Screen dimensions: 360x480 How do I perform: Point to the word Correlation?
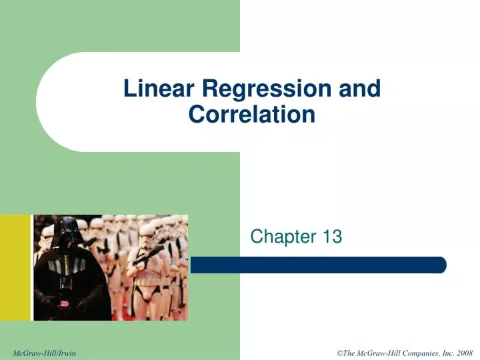251,115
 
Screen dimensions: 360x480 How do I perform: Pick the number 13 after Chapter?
332,236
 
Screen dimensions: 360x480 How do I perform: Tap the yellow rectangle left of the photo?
15,267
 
